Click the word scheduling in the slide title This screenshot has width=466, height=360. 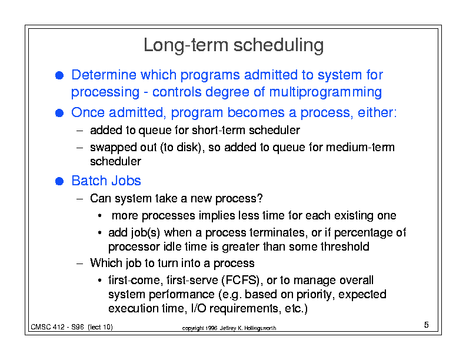[278, 46]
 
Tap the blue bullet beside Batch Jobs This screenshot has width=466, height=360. [59, 181]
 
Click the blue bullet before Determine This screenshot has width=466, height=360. [59, 75]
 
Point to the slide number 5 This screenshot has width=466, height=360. [426, 325]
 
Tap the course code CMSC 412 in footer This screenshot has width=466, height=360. [48, 327]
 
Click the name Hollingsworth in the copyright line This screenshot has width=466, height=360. [260, 328]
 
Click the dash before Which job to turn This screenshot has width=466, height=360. [79, 264]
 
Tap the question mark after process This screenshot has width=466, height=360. [260, 198]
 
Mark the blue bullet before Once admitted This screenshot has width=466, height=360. [59, 113]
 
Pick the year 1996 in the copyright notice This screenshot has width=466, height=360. [211, 328]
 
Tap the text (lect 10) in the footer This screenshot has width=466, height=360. [100, 327]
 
